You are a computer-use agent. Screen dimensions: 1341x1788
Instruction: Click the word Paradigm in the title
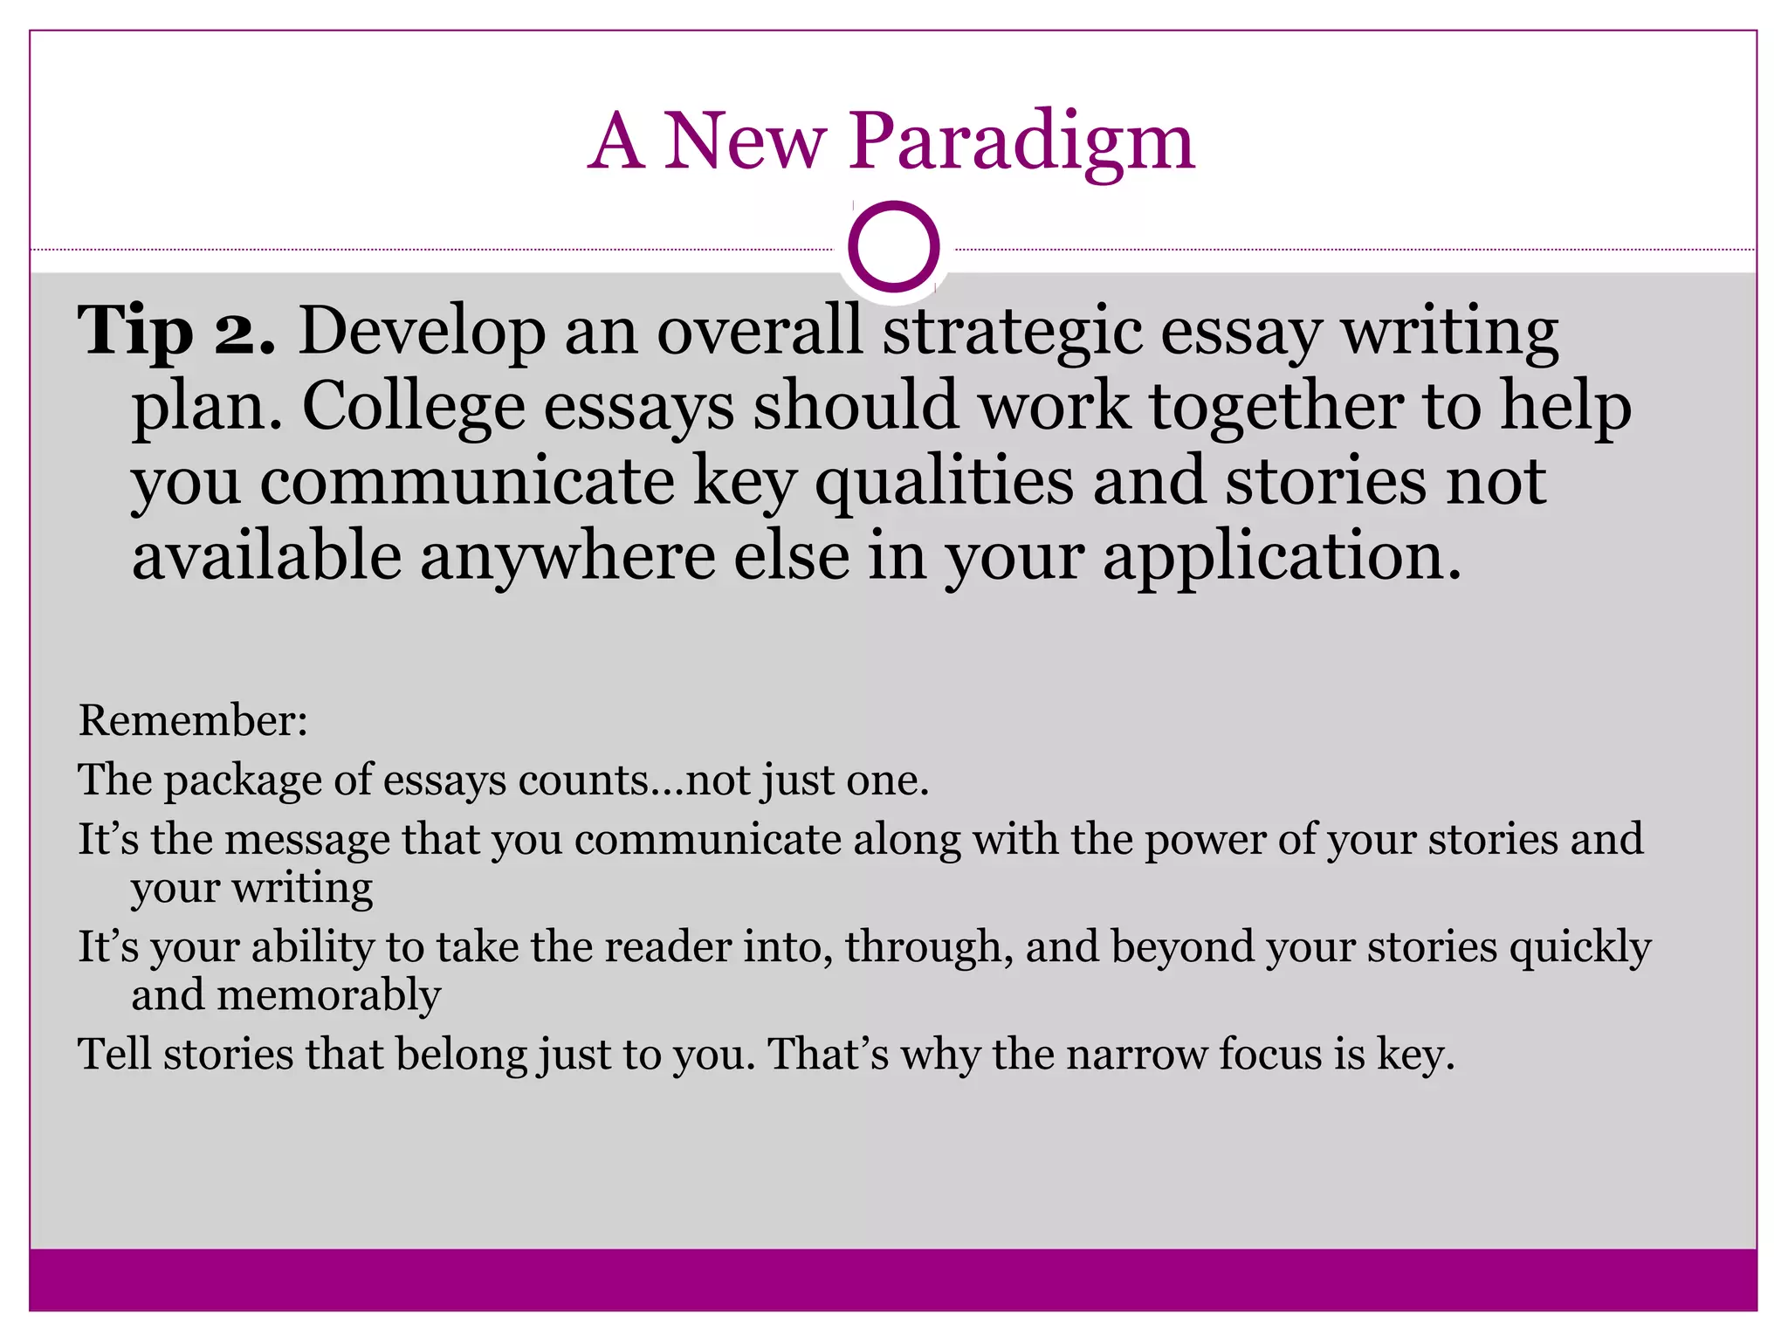[x=1021, y=142]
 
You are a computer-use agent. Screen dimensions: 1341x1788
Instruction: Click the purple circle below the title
[x=893, y=246]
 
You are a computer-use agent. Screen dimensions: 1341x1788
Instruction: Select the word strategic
[x=1012, y=333]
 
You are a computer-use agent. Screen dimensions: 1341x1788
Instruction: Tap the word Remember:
[x=193, y=721]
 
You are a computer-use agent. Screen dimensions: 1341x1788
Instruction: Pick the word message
[x=306, y=840]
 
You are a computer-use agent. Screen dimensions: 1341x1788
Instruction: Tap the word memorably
[x=328, y=995]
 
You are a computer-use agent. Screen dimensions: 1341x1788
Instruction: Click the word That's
[x=828, y=1055]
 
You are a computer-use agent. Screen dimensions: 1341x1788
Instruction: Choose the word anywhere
[x=567, y=558]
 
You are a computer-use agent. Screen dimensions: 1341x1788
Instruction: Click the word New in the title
[x=744, y=142]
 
